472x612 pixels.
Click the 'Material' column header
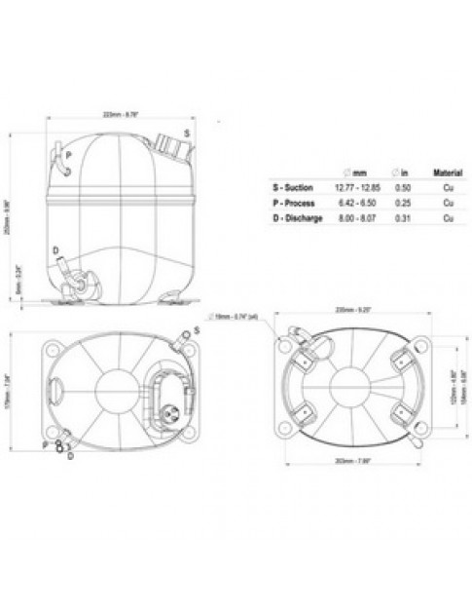point(446,172)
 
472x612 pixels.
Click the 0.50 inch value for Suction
point(401,188)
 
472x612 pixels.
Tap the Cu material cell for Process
point(446,202)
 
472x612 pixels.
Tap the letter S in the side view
point(186,132)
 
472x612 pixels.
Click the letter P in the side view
point(67,155)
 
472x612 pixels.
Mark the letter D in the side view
point(55,250)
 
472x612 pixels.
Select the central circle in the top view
point(120,383)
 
